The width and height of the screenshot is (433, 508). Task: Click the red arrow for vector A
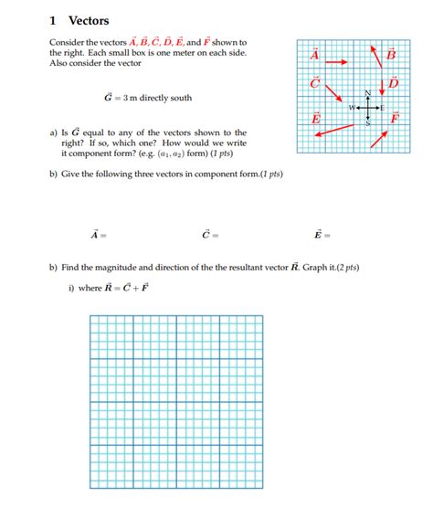pyautogui.click(x=336, y=62)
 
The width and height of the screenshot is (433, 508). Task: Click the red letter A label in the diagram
pyautogui.click(x=315, y=55)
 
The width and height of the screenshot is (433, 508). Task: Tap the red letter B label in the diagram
pyautogui.click(x=393, y=55)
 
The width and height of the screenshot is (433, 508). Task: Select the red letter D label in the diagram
pyautogui.click(x=394, y=84)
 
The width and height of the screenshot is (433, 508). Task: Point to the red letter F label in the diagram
pyautogui.click(x=395, y=119)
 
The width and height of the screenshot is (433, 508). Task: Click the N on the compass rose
pyautogui.click(x=369, y=94)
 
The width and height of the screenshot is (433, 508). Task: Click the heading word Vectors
pyautogui.click(x=89, y=20)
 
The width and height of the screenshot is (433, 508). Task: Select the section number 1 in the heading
pyautogui.click(x=54, y=20)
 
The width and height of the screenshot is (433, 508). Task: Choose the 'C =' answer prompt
pyautogui.click(x=210, y=235)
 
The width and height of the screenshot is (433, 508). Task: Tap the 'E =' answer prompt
pyautogui.click(x=322, y=235)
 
